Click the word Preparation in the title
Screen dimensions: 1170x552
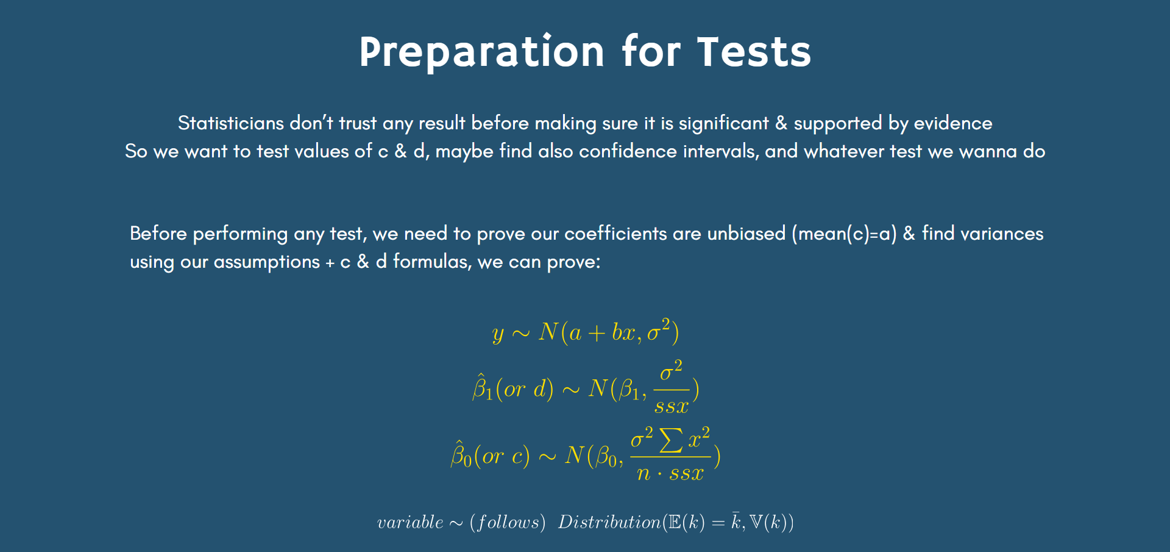481,52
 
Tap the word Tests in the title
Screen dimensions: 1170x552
754,52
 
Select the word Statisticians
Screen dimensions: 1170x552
231,123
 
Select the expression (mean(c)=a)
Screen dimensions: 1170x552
844,234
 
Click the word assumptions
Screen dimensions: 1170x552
266,262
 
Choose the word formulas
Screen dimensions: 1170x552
432,262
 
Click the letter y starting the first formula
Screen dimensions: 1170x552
498,334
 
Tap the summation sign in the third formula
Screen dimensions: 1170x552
671,440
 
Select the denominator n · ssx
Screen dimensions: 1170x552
670,473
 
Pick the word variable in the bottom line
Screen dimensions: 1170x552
410,522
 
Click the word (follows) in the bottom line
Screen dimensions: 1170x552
508,522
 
